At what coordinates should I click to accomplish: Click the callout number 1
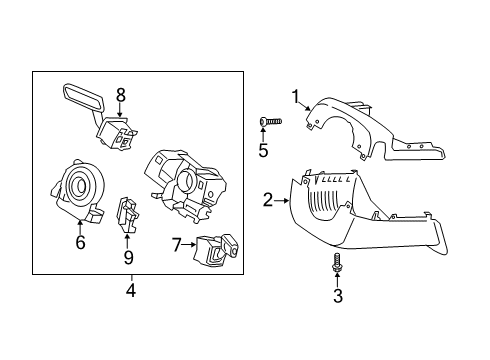(295, 96)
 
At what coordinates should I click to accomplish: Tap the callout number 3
(337, 296)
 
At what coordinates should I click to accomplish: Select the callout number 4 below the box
(131, 292)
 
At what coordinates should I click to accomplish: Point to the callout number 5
(264, 152)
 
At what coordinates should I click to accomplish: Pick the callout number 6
(80, 242)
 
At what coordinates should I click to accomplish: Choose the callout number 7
(177, 244)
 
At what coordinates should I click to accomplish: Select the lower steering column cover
(350, 215)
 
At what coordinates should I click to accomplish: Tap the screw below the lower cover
(337, 265)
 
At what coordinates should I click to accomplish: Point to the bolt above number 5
(269, 121)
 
